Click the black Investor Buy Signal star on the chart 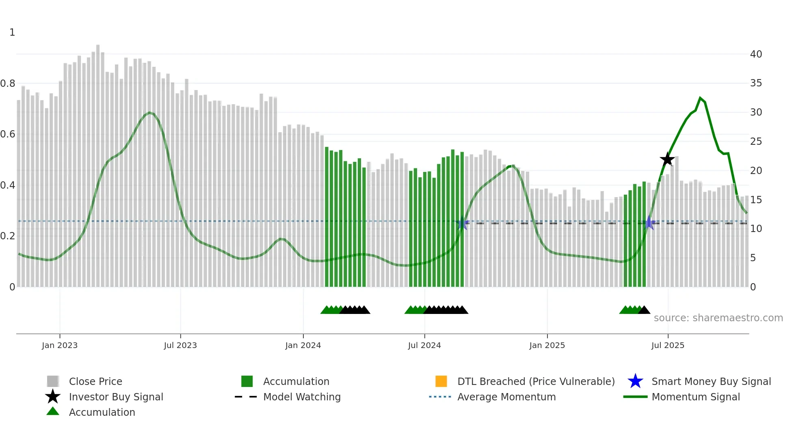tap(667, 159)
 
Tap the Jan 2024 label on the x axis tap(303, 345)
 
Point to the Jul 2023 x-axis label tap(180, 345)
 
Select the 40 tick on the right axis tap(756, 54)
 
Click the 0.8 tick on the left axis tap(8, 84)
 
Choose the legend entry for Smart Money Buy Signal tap(711, 381)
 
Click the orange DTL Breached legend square tap(441, 381)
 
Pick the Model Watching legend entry tap(301, 397)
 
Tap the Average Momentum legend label tap(506, 397)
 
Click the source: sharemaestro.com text tap(718, 318)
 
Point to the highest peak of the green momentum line tap(700, 98)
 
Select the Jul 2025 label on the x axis tap(668, 345)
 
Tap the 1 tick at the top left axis tap(12, 32)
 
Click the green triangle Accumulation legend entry tap(102, 412)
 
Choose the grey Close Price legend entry tap(95, 381)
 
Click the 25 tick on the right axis tap(756, 142)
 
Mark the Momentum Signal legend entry tap(695, 397)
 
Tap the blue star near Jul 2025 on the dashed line tap(649, 223)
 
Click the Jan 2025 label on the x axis tap(547, 345)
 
